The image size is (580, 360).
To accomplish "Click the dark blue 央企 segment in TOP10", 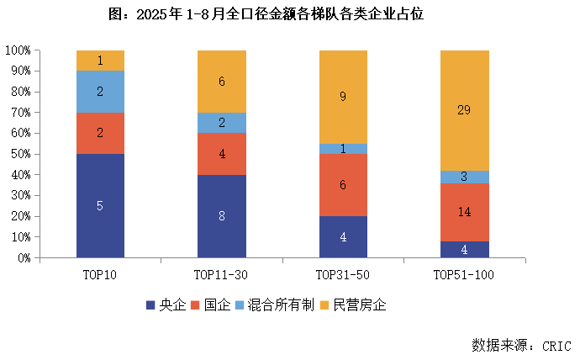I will pyautogui.click(x=100, y=206).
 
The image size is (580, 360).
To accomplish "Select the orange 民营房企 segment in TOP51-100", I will pyautogui.click(x=465, y=110).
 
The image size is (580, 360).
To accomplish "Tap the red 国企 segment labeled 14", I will pyautogui.click(x=465, y=213).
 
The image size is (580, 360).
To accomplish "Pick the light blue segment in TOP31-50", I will pyautogui.click(x=343, y=149).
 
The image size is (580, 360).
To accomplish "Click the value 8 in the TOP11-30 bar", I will pyautogui.click(x=222, y=216).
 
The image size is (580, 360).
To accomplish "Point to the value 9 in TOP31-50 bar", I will pyautogui.click(x=343, y=97).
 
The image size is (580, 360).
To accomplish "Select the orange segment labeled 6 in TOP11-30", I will pyautogui.click(x=222, y=82).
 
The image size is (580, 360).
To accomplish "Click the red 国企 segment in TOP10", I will pyautogui.click(x=100, y=133).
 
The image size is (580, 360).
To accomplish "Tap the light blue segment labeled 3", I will pyautogui.click(x=465, y=177).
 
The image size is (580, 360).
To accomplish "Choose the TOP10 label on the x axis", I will pyautogui.click(x=100, y=274).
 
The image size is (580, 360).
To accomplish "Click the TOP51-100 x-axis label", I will pyautogui.click(x=465, y=274).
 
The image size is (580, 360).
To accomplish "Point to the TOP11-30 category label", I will pyautogui.click(x=222, y=274).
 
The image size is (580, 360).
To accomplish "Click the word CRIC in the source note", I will pyautogui.click(x=556, y=345).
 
